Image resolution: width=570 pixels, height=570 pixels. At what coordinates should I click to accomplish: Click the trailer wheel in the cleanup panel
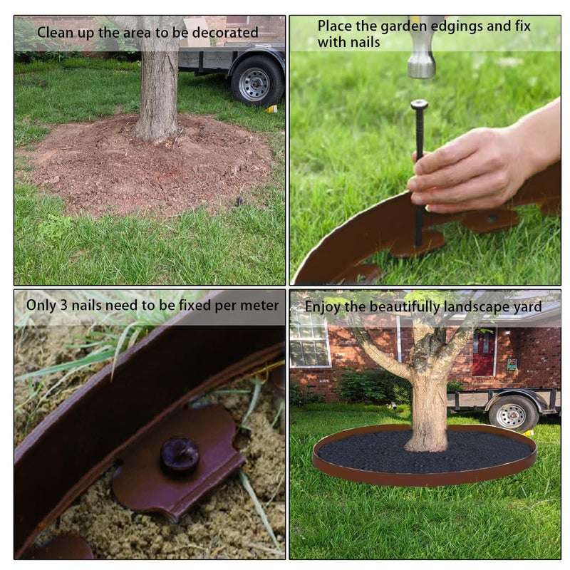click(x=257, y=81)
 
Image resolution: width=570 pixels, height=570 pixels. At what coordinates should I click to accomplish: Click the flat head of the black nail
click(x=419, y=104)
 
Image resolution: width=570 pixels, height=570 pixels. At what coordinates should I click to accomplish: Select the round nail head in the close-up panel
click(x=180, y=454)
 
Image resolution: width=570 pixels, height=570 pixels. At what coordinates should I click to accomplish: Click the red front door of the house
click(x=483, y=352)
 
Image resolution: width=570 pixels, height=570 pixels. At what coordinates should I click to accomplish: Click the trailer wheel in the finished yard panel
click(x=512, y=413)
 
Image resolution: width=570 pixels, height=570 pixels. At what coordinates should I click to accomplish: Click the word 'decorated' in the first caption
click(x=225, y=33)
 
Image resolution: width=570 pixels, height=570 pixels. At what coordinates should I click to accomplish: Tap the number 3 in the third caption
click(x=63, y=306)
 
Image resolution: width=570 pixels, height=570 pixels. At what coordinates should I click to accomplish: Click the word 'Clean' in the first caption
click(x=53, y=33)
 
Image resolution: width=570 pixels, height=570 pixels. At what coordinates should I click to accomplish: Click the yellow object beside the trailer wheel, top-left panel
click(x=271, y=109)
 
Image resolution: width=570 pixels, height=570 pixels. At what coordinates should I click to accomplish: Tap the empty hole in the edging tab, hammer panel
click(x=492, y=219)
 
